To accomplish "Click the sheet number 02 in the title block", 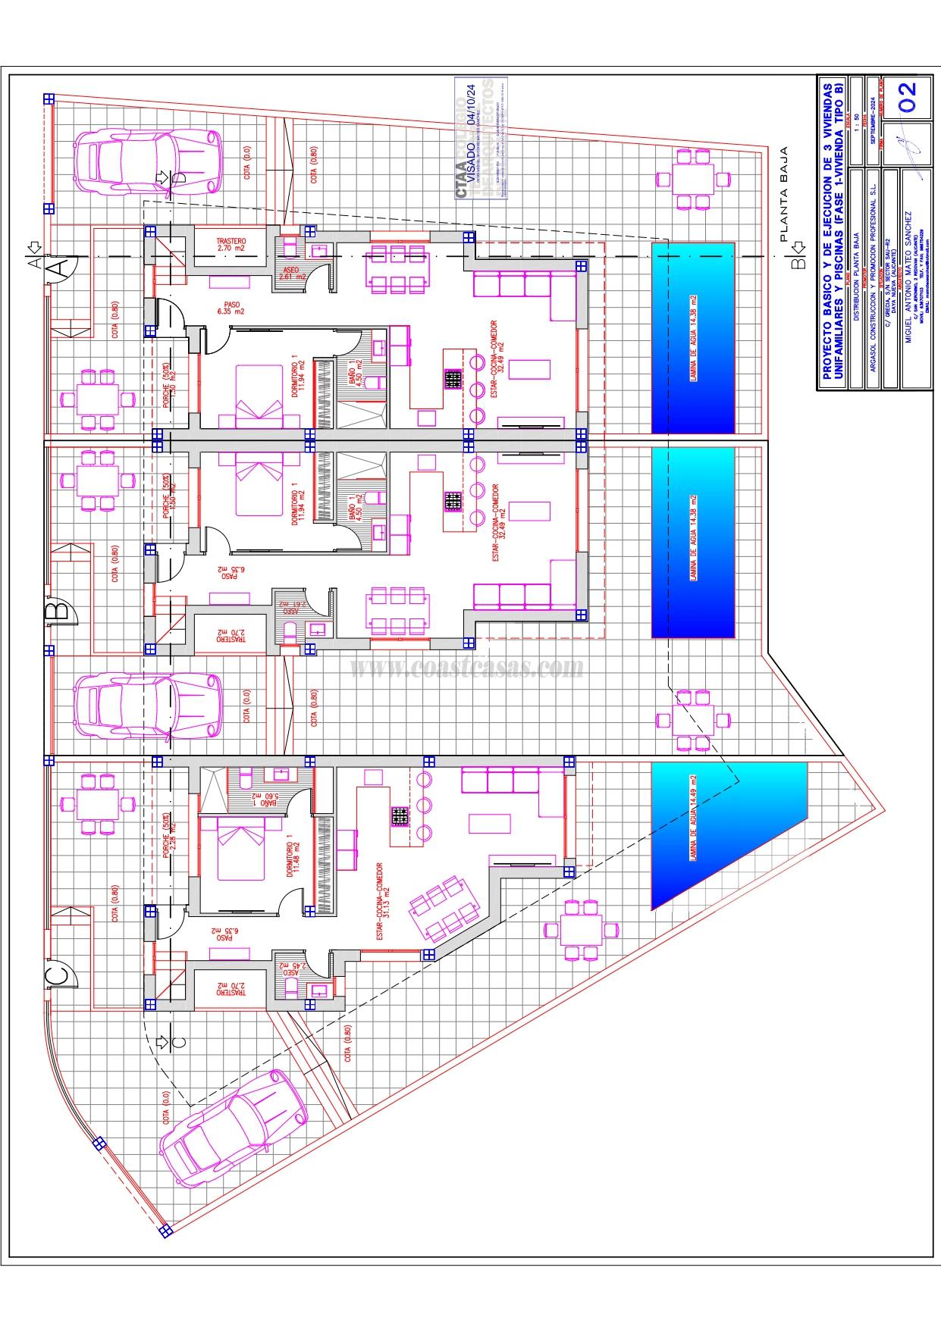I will click(x=908, y=97).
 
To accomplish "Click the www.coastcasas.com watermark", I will click(x=467, y=668).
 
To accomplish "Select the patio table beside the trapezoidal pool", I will click(x=582, y=930).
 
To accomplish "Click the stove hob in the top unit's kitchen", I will click(x=453, y=380).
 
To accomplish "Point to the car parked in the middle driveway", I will click(x=148, y=706).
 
